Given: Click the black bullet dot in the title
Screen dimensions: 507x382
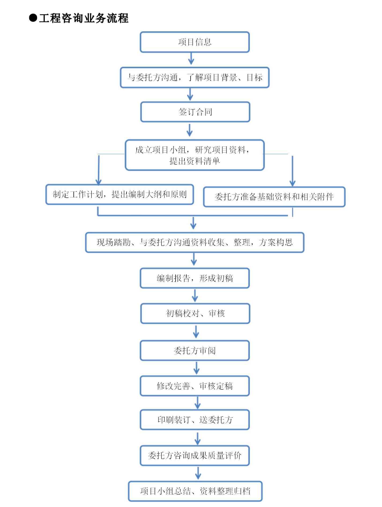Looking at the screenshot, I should [33, 18].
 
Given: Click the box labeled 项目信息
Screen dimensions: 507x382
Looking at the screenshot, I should [195, 42].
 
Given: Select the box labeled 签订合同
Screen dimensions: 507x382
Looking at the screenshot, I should [195, 112].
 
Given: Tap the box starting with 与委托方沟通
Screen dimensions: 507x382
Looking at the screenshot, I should [195, 77].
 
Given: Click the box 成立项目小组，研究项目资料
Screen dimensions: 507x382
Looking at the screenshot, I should [195, 155].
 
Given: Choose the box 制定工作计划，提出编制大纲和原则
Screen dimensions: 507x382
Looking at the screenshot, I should [120, 194].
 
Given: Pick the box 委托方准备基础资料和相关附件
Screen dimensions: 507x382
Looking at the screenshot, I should [274, 197].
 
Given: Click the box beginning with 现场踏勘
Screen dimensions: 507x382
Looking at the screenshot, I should [195, 242].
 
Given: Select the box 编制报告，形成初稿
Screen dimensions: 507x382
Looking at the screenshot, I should [195, 278].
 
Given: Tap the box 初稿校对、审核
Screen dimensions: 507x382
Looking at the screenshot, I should [195, 313].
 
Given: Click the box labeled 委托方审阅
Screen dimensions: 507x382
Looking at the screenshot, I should [195, 350].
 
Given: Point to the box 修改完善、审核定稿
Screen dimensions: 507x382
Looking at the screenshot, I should [195, 386].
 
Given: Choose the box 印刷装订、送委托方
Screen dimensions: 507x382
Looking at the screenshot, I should [195, 420].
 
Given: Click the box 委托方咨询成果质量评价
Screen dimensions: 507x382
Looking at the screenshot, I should [195, 455].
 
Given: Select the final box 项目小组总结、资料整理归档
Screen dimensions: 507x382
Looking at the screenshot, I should [195, 491].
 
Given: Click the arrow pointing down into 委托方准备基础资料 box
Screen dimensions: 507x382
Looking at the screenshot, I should [292, 172].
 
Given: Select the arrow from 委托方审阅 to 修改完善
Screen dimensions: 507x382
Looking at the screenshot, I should [196, 368].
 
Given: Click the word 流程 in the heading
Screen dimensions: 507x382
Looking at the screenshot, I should [118, 18].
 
